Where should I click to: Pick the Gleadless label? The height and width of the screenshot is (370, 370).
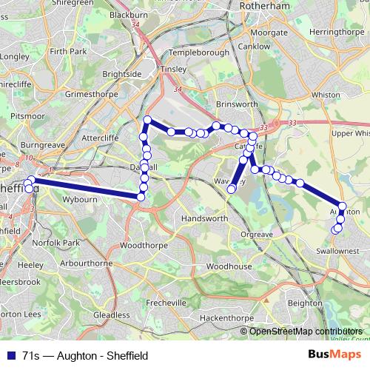pyautogui.click(x=112, y=314)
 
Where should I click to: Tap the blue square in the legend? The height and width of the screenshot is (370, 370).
pyautogui.click(x=10, y=356)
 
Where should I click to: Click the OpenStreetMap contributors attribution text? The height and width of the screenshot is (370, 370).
pyautogui.click(x=306, y=331)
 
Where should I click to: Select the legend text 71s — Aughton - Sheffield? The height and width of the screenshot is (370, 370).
pyautogui.click(x=85, y=356)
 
